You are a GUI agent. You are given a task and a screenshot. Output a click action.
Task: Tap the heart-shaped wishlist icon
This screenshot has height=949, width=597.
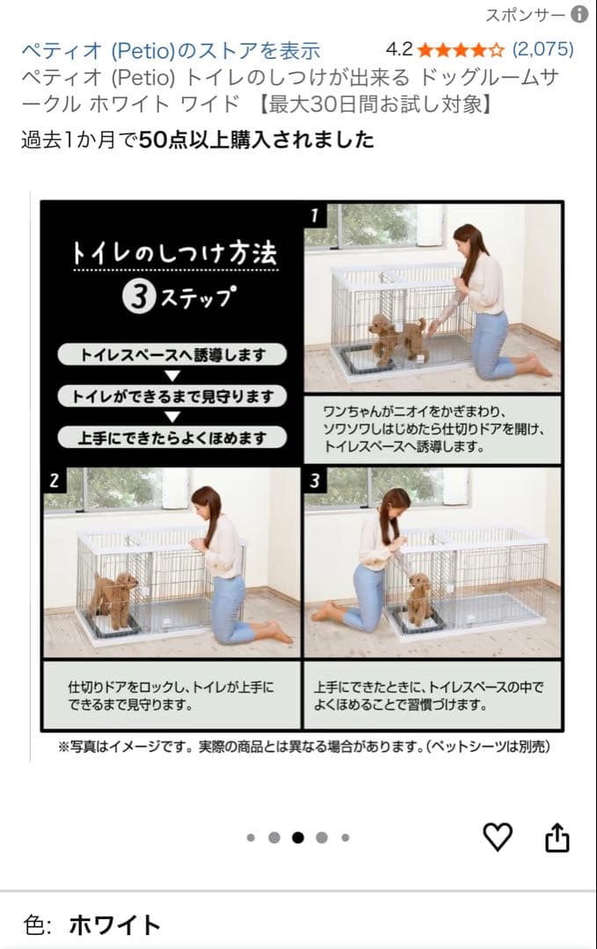pyautogui.click(x=498, y=837)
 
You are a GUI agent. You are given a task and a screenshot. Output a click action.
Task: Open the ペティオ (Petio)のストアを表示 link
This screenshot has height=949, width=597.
pyautogui.click(x=171, y=50)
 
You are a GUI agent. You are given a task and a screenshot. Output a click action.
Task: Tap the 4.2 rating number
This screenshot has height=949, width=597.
pyautogui.click(x=399, y=49)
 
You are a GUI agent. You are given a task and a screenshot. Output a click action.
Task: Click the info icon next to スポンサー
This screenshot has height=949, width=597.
pyautogui.click(x=579, y=14)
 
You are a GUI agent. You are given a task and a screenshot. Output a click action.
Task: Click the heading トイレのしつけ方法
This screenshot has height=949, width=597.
pyautogui.click(x=174, y=254)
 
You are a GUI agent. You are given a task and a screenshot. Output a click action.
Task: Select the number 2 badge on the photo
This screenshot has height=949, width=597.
pyautogui.click(x=55, y=481)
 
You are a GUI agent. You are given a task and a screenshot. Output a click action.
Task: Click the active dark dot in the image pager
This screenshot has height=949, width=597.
pyautogui.click(x=298, y=837)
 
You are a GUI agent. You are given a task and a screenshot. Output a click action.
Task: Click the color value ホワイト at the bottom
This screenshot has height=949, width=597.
pyautogui.click(x=114, y=924)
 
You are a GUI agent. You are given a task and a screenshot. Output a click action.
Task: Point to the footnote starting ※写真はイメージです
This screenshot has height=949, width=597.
pyautogui.click(x=303, y=747)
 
